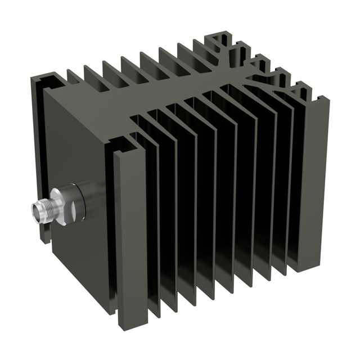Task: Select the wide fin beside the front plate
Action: [129, 225]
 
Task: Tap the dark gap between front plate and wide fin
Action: [110, 225]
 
